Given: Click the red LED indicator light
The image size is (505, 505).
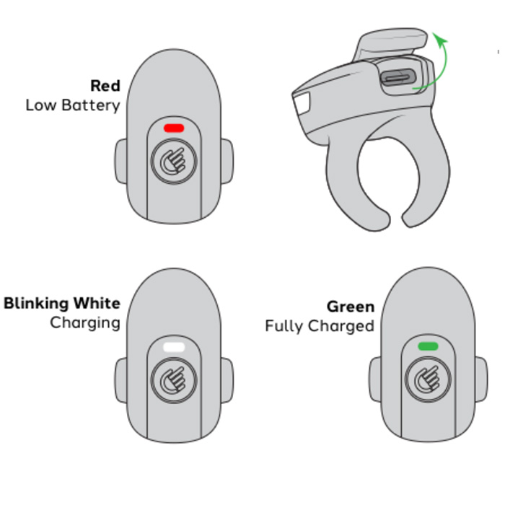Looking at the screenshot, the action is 174,128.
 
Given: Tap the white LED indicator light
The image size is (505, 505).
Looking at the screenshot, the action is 174,347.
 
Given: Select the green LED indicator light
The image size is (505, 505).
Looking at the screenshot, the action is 428,346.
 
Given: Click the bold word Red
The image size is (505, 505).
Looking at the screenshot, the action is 105,86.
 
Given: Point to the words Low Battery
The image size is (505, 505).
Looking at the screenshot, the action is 73,105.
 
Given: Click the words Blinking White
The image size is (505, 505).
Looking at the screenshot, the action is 62,304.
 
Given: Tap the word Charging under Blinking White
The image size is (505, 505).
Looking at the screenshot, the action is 85,322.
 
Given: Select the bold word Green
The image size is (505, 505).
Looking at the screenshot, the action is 351,307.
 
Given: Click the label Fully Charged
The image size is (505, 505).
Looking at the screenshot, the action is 320,326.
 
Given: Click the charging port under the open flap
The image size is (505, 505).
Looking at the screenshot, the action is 398,78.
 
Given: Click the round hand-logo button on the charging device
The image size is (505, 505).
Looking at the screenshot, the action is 174,380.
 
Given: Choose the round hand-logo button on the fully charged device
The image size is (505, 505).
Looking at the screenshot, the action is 428,379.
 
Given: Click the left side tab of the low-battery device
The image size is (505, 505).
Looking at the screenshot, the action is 121,162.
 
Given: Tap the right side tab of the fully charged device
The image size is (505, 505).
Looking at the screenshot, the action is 481,379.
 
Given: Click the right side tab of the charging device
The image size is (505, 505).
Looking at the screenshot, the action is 227,380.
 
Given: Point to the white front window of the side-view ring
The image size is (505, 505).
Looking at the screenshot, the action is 302,103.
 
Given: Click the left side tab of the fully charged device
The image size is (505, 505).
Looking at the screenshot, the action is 375,379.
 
